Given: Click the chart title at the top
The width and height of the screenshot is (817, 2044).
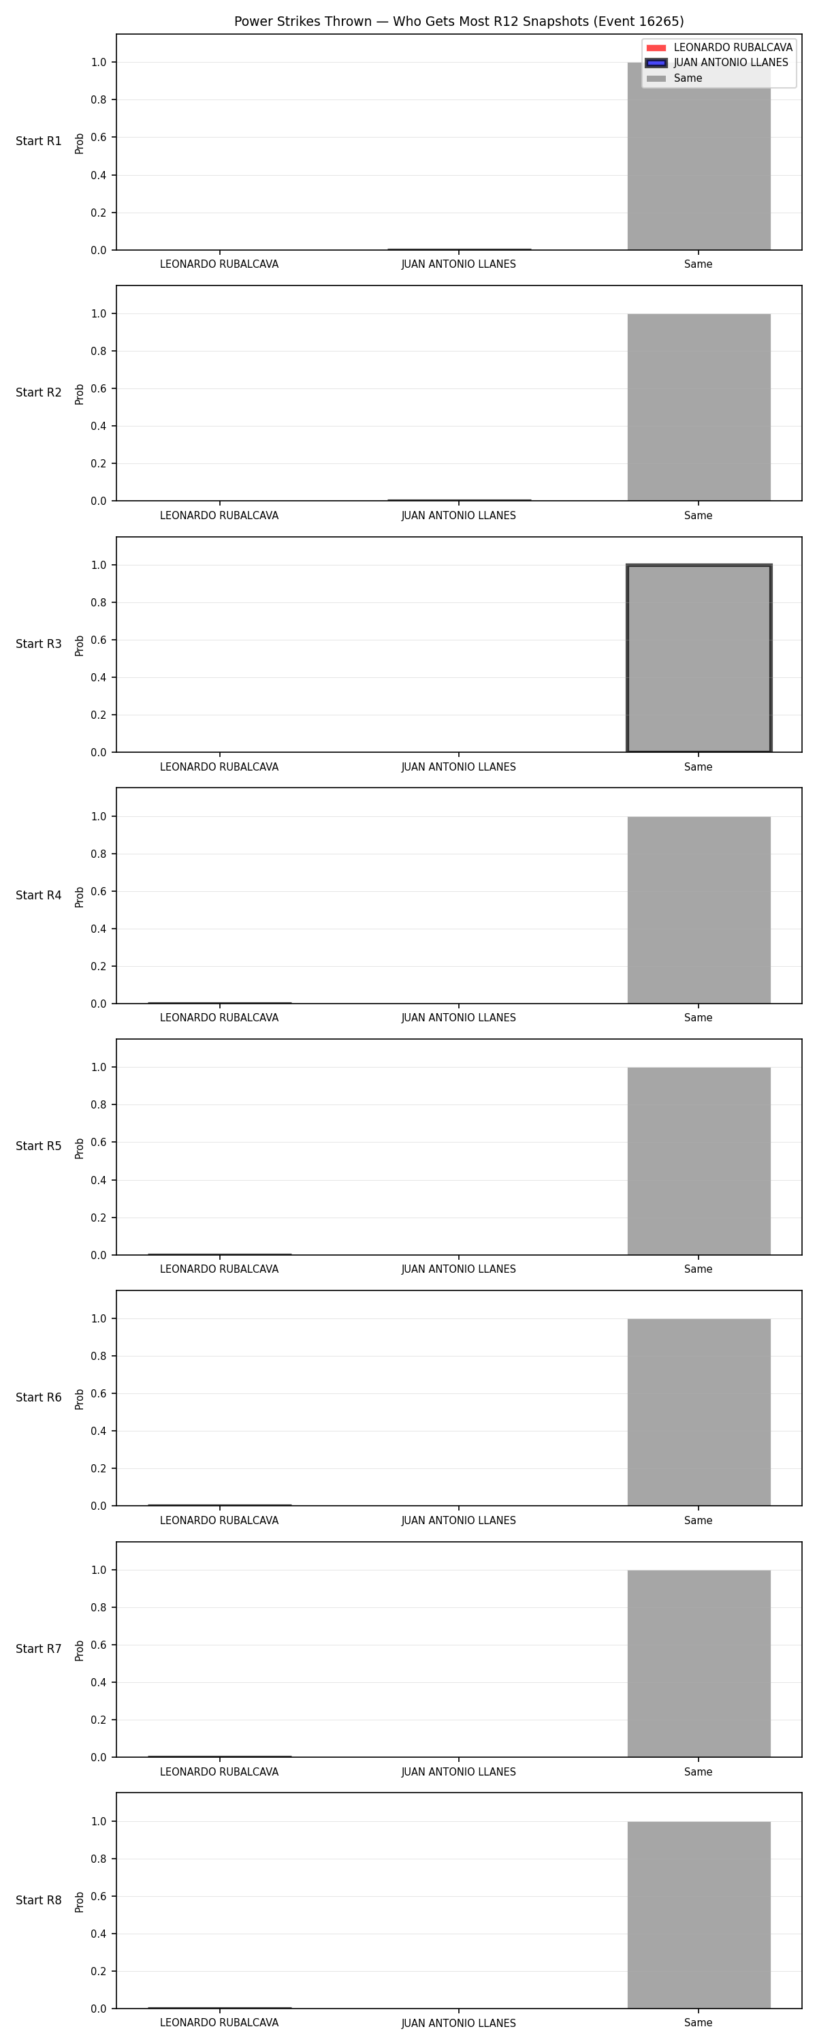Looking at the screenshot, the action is [x=458, y=21].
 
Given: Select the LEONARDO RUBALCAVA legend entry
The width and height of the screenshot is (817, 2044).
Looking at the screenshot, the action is [x=719, y=48].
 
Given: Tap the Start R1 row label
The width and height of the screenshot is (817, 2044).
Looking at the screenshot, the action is [x=39, y=141].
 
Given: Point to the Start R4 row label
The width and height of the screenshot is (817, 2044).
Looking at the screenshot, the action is [x=39, y=895].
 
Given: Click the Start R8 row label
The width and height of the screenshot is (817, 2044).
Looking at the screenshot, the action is [x=39, y=1900].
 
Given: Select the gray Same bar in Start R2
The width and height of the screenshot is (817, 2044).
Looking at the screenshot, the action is [x=699, y=407].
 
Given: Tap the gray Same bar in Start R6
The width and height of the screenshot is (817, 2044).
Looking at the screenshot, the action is [x=699, y=1412].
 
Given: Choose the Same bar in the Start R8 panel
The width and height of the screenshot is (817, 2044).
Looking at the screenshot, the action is [x=699, y=1915].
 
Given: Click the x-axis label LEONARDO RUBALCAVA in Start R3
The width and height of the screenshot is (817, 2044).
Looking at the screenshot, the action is [x=219, y=766].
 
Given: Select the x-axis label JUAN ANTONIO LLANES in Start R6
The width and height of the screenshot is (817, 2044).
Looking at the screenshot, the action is [x=458, y=1520].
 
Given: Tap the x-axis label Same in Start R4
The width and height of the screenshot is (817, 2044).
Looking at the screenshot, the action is [x=698, y=1017].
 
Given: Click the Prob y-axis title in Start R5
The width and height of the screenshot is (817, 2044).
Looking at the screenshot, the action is [x=80, y=1148].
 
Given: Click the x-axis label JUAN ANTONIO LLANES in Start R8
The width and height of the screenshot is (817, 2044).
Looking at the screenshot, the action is [x=458, y=2023].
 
